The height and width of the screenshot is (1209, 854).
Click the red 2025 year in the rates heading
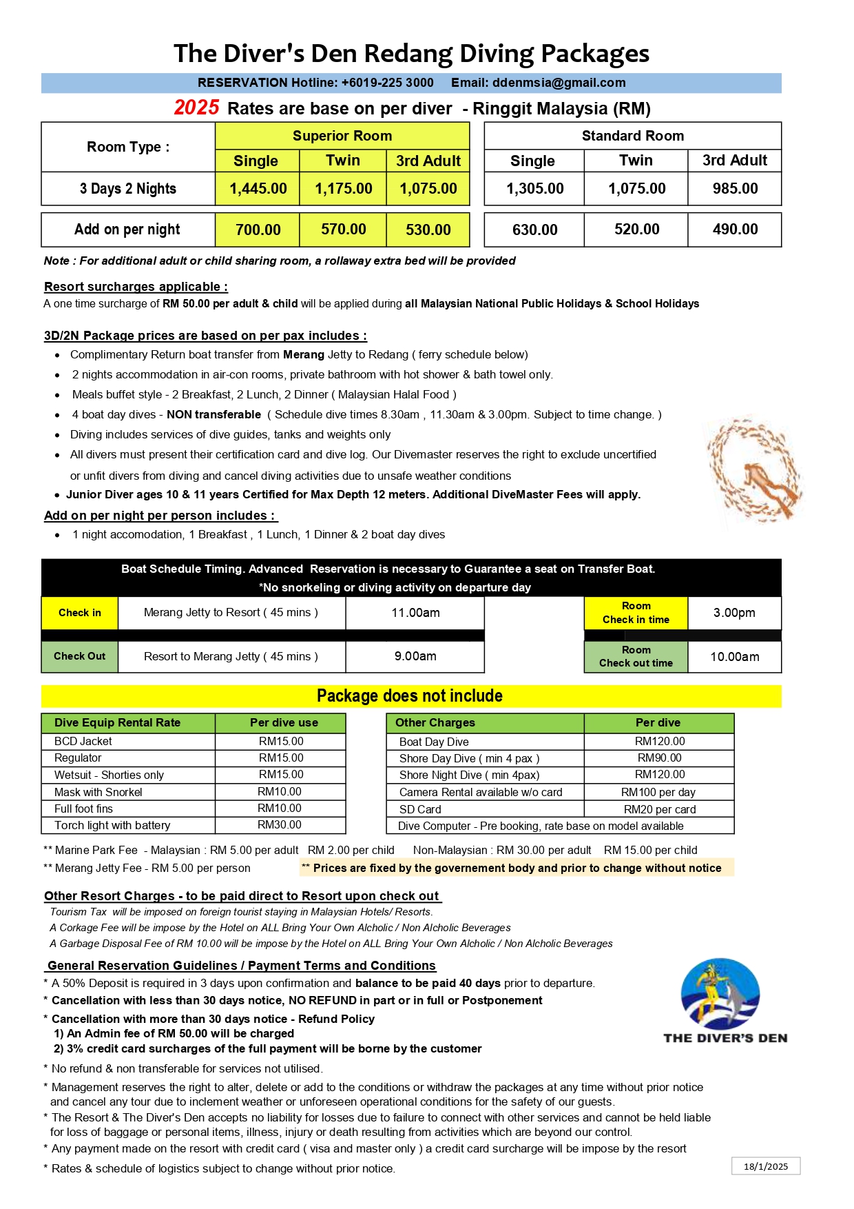196,108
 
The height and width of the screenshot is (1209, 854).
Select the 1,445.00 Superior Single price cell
258,189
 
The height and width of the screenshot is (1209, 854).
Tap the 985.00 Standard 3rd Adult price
735,189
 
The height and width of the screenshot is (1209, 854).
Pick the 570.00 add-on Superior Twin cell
343,230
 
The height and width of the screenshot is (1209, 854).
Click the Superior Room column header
342,136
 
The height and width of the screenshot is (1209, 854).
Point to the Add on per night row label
127,230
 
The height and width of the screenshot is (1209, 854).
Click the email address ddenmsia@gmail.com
559,83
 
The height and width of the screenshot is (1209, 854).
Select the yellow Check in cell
80,613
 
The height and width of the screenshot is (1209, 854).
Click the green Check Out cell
80,656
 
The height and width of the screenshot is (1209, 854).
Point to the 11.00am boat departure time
415,613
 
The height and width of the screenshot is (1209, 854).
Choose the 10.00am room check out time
734,657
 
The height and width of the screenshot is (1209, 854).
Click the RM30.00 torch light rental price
280,825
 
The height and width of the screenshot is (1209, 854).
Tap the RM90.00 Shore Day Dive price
659,758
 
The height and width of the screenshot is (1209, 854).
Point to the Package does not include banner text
410,695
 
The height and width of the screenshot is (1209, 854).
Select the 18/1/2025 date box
766,1166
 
